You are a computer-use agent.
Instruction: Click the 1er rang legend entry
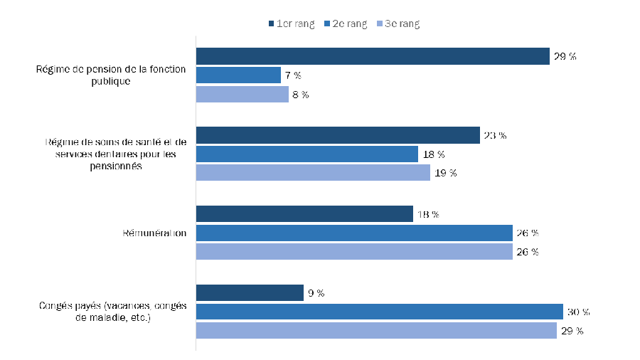[292, 24]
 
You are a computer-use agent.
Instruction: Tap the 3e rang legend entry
[398, 24]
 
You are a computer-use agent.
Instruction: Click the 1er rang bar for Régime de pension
[373, 56]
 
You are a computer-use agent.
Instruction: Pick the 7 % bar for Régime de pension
[238, 75]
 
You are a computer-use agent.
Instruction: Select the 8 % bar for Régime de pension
[242, 94]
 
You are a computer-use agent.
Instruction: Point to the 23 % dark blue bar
[338, 135]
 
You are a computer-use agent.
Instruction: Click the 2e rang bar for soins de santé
[306, 154]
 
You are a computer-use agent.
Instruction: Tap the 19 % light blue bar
[313, 173]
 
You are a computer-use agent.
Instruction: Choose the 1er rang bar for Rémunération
[304, 214]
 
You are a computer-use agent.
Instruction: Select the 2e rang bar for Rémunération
[354, 233]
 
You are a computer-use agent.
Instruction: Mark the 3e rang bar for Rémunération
[354, 252]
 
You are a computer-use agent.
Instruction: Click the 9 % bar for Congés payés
[250, 292]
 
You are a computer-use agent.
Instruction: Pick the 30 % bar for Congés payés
[379, 312]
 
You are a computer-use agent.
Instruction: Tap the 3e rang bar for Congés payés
[376, 330]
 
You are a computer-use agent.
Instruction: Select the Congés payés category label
[112, 312]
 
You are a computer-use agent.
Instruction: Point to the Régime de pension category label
[111, 75]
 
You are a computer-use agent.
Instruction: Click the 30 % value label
[579, 312]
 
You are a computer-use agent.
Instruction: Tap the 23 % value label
[495, 135]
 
